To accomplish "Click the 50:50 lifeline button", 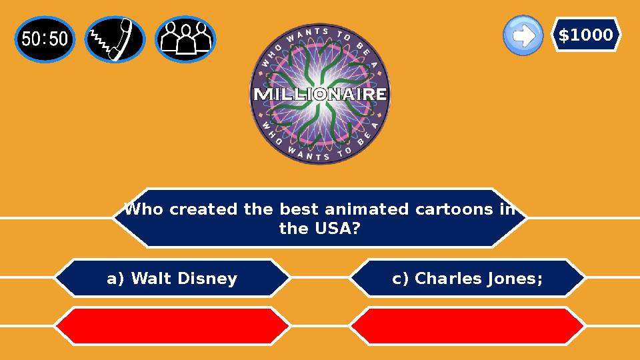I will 45,39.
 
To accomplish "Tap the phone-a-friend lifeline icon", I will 115,39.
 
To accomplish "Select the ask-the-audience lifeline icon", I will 185,39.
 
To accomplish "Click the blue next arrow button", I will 523,35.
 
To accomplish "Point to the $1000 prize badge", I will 585,35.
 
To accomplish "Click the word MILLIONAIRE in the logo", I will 320,94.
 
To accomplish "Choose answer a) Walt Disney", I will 172,278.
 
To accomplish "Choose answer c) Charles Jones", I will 467,278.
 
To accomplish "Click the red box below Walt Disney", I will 172,326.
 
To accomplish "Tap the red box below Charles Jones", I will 467,326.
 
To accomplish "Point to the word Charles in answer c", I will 437,279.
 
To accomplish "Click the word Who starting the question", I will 143,209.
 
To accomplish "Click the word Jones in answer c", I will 513,279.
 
